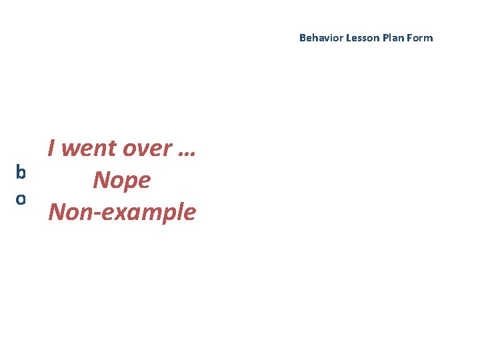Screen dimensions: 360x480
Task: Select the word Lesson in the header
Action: [361, 38]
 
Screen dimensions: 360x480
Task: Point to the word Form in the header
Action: [420, 38]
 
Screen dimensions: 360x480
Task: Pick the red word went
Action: [87, 148]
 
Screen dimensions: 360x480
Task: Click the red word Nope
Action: [122, 180]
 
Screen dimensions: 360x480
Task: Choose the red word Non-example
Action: [122, 212]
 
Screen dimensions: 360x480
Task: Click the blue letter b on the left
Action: [21, 172]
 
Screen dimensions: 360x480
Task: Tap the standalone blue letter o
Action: [21, 199]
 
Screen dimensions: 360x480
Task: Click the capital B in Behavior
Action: [302, 38]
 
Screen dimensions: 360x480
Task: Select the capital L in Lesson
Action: [348, 38]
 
